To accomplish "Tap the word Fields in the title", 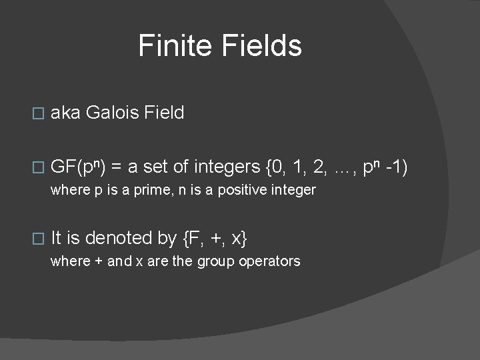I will (264, 46).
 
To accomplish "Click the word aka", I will (65, 113).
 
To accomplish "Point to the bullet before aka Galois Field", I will (38, 114).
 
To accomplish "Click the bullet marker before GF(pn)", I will (38, 167).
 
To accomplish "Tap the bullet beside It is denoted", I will (38, 239).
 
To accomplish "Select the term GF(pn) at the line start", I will (81, 167).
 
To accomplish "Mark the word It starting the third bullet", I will (56, 237).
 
